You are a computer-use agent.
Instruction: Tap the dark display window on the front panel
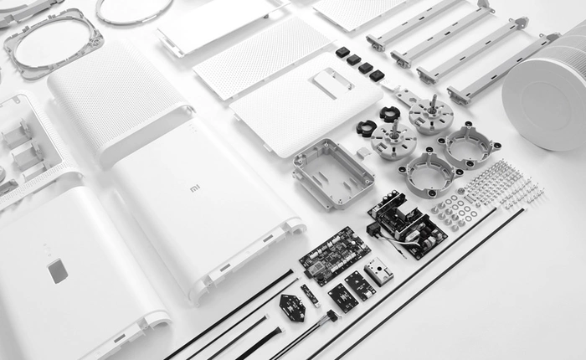57,270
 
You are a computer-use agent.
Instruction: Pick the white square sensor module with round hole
378,270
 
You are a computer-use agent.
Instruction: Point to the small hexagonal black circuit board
292,307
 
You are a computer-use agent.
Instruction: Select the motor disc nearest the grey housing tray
393,141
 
